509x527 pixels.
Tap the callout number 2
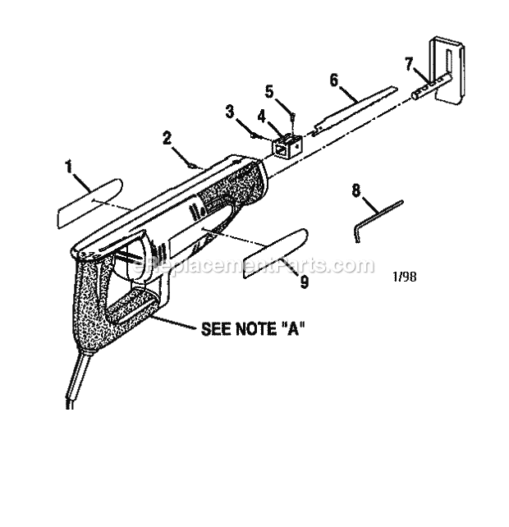[x=167, y=138]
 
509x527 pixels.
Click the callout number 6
[x=334, y=80]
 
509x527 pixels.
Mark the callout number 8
[x=356, y=190]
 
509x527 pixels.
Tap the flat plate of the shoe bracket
[x=450, y=70]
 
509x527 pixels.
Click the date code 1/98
[x=405, y=277]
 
